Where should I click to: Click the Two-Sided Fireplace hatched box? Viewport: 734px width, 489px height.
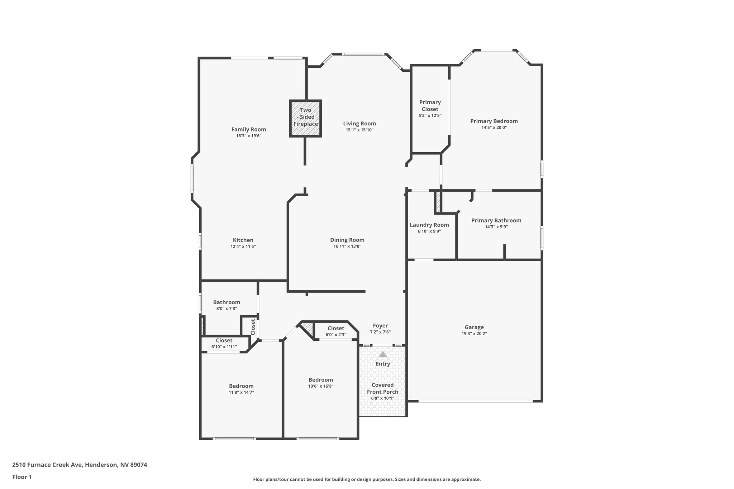pyautogui.click(x=305, y=118)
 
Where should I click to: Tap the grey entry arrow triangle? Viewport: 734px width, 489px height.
pyautogui.click(x=383, y=354)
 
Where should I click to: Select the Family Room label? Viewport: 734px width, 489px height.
pyautogui.click(x=248, y=130)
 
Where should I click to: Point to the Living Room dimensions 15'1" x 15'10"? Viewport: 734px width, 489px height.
pyautogui.click(x=359, y=130)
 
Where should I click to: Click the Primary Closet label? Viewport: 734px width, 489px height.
pyautogui.click(x=430, y=106)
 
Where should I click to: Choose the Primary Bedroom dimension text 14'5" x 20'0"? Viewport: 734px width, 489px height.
pyautogui.click(x=494, y=128)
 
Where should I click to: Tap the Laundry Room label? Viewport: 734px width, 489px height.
pyautogui.click(x=429, y=225)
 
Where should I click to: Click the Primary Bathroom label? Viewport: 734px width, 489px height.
pyautogui.click(x=496, y=220)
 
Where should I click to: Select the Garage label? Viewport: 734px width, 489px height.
pyautogui.click(x=474, y=327)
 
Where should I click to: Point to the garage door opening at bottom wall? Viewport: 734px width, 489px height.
pyautogui.click(x=475, y=401)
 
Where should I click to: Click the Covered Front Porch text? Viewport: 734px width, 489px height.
pyautogui.click(x=382, y=388)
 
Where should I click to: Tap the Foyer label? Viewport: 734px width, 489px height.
pyautogui.click(x=380, y=326)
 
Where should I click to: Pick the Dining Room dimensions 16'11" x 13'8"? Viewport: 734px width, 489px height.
pyautogui.click(x=347, y=246)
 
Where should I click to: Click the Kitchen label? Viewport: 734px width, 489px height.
pyautogui.click(x=243, y=240)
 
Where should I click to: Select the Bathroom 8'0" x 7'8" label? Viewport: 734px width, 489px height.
pyautogui.click(x=227, y=302)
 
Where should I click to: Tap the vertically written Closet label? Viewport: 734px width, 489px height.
pyautogui.click(x=253, y=327)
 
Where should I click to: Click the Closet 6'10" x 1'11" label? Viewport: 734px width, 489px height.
pyautogui.click(x=224, y=341)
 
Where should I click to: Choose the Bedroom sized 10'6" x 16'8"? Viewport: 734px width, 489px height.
pyautogui.click(x=320, y=380)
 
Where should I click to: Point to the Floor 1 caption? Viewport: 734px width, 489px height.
pyautogui.click(x=22, y=477)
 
